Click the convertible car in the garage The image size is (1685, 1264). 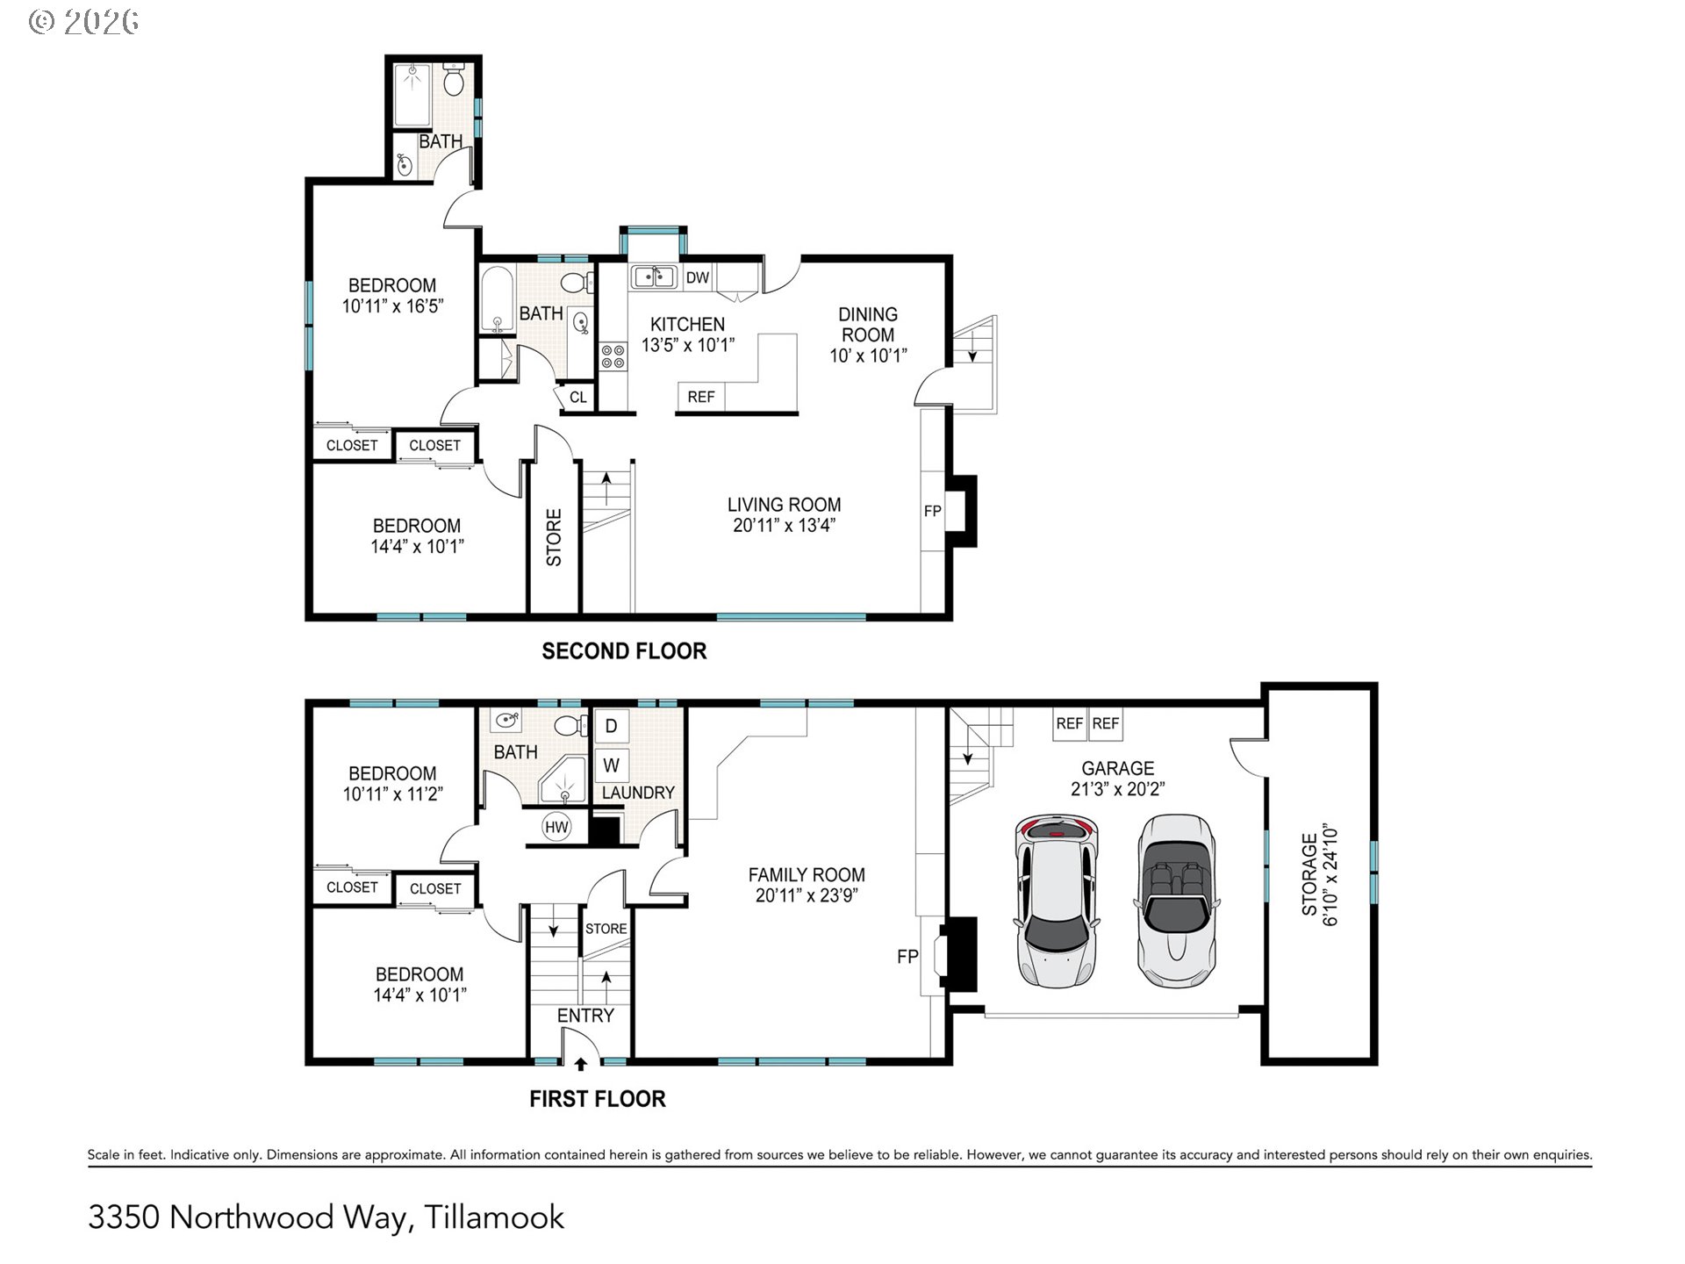[x=1176, y=901]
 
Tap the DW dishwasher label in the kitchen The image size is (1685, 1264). [x=698, y=278]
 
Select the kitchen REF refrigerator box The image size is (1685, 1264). [x=701, y=397]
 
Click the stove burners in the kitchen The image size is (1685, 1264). [x=613, y=355]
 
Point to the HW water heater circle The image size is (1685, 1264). [x=556, y=827]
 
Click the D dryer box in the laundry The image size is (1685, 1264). [x=612, y=726]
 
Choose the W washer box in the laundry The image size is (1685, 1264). [x=612, y=765]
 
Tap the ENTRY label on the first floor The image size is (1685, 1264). [x=585, y=1016]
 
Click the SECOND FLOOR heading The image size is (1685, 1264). [x=624, y=651]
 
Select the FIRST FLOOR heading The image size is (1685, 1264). [x=598, y=1099]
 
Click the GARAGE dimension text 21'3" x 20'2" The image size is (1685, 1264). [x=1117, y=789]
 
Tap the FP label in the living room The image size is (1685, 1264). [x=932, y=511]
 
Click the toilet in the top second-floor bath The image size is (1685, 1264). [x=453, y=79]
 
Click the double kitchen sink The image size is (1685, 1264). [x=652, y=277]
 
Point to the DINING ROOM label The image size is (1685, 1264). [x=868, y=325]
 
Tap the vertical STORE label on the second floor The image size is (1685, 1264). [x=554, y=537]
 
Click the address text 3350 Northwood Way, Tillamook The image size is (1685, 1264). [x=326, y=1217]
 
